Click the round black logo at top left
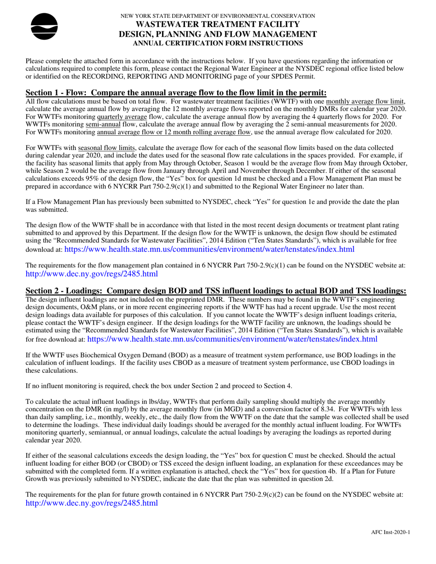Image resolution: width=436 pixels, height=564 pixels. (44, 27)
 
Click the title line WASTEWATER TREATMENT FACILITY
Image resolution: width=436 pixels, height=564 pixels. (218, 25)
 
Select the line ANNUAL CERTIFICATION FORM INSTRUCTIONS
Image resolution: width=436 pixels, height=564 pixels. (218, 43)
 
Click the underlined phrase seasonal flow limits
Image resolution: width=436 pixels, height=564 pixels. (108, 149)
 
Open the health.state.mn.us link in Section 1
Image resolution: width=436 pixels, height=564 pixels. (209, 249)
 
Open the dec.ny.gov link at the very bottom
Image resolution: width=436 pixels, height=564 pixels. (92, 503)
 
